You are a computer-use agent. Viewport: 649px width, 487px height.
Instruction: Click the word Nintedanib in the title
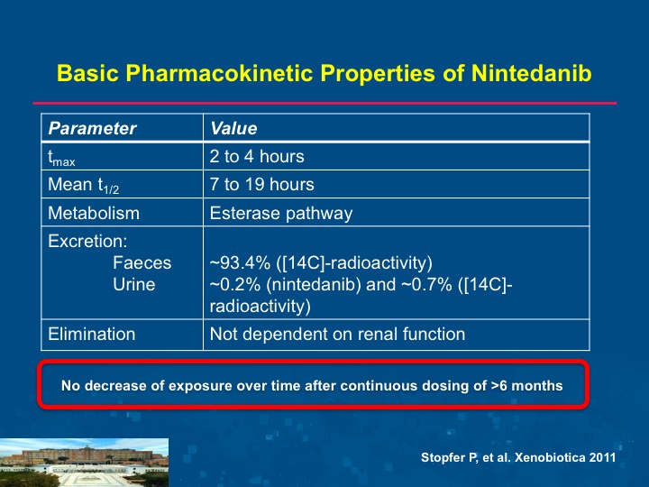click(x=532, y=73)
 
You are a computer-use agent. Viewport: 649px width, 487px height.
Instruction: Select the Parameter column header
click(x=92, y=128)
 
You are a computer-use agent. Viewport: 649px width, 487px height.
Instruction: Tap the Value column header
click(x=233, y=128)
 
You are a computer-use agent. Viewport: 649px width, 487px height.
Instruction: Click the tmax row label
click(x=61, y=158)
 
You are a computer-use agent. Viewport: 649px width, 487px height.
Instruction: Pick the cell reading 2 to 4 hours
click(x=257, y=157)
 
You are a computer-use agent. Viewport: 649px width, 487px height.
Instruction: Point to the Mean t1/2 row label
click(x=84, y=186)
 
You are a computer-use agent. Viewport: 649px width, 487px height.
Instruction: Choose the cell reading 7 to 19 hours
click(x=261, y=184)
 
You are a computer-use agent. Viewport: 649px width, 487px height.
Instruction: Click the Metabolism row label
click(x=94, y=213)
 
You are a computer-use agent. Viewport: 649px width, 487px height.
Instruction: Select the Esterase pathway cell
click(x=281, y=214)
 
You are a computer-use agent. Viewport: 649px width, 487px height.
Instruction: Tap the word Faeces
click(x=142, y=263)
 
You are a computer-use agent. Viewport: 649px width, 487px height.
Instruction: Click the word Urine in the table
click(x=134, y=284)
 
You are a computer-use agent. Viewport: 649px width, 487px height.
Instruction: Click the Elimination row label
click(x=91, y=335)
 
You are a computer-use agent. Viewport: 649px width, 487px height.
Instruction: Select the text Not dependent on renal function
click(x=337, y=335)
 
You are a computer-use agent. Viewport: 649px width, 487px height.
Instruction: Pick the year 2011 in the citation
click(x=603, y=457)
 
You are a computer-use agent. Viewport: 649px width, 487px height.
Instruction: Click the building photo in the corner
click(x=84, y=463)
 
